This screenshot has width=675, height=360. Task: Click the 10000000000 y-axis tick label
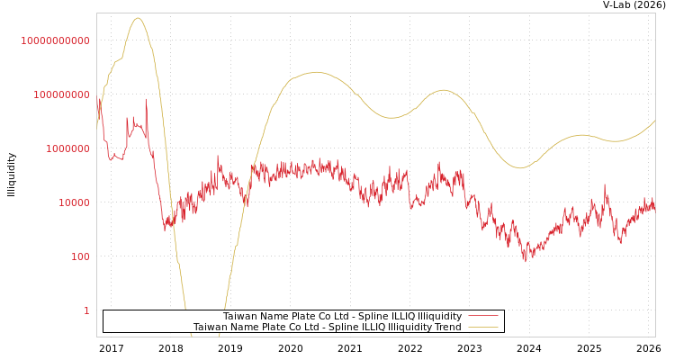click(56, 40)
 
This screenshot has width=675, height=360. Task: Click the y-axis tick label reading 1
click(86, 310)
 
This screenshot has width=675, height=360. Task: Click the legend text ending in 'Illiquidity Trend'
click(327, 327)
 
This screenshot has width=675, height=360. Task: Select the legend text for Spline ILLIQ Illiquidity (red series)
click(342, 316)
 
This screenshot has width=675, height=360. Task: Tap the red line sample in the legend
click(483, 316)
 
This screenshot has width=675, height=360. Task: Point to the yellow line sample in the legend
click(483, 327)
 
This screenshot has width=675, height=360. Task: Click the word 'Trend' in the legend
click(447, 327)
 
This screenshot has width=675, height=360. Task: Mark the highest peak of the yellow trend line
click(137, 18)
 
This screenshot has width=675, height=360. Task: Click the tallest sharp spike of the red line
click(146, 99)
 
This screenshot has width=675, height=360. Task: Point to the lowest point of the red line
click(526, 261)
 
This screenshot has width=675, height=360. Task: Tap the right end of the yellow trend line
click(655, 121)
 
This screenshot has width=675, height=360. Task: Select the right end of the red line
click(655, 206)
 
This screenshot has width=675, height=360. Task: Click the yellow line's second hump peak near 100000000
click(315, 72)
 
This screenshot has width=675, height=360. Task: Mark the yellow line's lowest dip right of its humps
click(520, 167)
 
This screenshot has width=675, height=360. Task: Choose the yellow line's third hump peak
click(443, 90)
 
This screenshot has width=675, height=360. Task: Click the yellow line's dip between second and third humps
click(392, 118)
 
